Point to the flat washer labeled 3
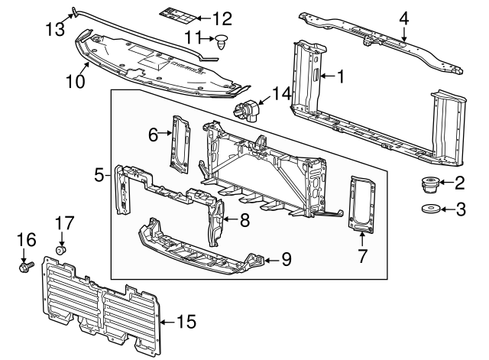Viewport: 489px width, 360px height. click(429, 209)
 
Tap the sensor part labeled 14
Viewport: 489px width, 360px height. click(251, 110)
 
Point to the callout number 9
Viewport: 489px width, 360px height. click(286, 259)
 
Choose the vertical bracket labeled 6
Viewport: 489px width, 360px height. click(181, 140)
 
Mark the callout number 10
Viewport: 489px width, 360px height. click(74, 80)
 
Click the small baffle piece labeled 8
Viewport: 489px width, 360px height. click(219, 218)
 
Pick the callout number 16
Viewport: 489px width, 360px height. click(23, 240)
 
